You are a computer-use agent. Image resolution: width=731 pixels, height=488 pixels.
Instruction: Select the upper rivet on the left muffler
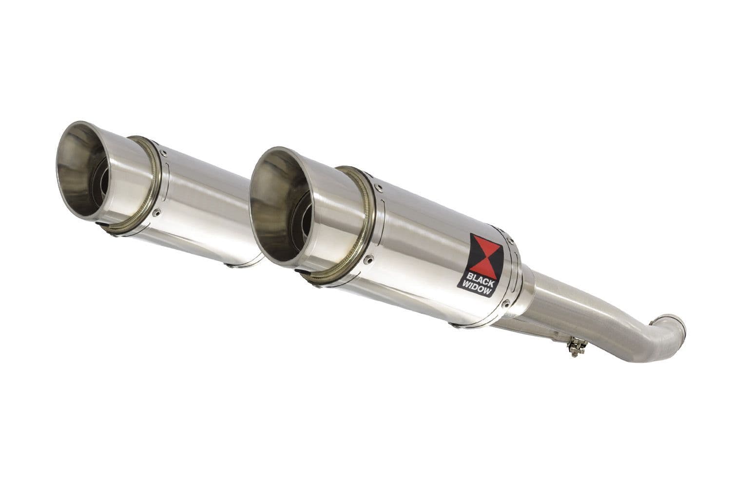pyautogui.click(x=164, y=153)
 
